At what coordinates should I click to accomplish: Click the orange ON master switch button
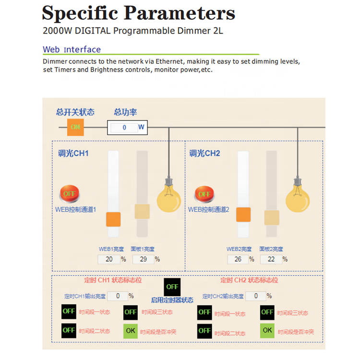click(x=75, y=127)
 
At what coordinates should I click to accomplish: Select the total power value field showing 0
click(x=124, y=128)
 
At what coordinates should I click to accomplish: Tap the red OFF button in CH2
click(x=204, y=194)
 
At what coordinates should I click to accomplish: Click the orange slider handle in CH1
click(x=113, y=219)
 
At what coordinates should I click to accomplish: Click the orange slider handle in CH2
click(x=243, y=215)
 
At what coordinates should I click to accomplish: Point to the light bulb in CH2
click(x=298, y=197)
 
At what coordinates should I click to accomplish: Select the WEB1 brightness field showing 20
click(x=108, y=259)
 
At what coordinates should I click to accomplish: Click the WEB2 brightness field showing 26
click(x=238, y=259)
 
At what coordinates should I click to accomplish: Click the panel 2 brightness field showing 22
click(x=271, y=259)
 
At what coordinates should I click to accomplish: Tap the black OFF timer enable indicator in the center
click(x=172, y=287)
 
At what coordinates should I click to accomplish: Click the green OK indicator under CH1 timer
click(x=131, y=330)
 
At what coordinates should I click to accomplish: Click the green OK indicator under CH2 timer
click(x=267, y=330)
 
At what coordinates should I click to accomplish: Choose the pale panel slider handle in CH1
click(x=143, y=212)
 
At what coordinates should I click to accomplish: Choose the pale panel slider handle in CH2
click(x=272, y=217)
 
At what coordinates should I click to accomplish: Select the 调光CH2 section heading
click(x=204, y=154)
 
